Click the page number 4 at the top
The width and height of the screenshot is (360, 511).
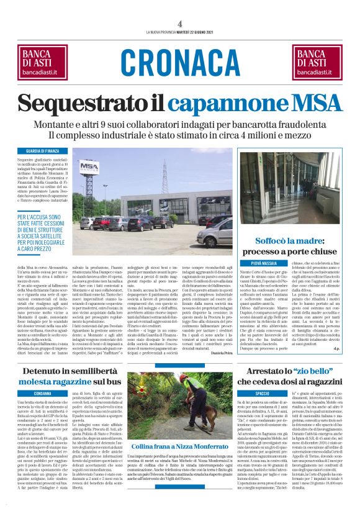coord(180,22)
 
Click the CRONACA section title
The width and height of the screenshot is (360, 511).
coord(180,61)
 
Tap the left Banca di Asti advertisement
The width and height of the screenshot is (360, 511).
coord(45,61)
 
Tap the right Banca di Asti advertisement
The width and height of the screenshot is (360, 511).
coord(315,61)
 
